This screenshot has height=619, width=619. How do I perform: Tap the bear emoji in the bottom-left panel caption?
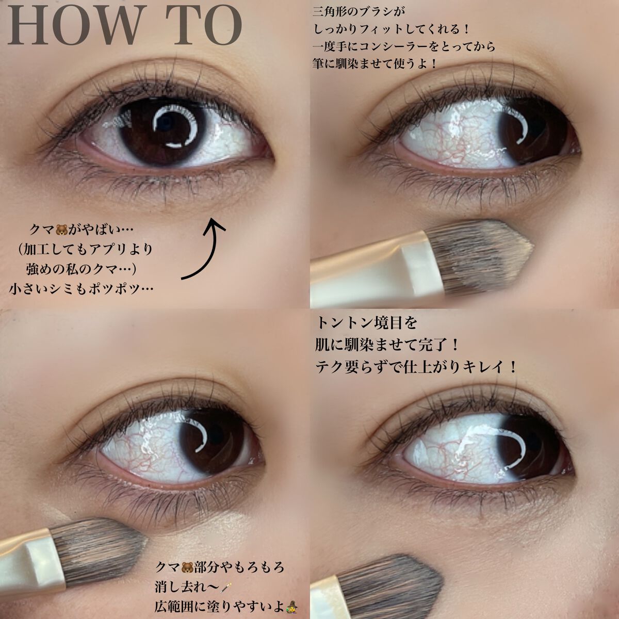point(187,567)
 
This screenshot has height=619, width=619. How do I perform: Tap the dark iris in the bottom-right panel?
point(527,450)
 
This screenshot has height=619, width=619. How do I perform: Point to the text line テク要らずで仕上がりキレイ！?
point(416,367)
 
